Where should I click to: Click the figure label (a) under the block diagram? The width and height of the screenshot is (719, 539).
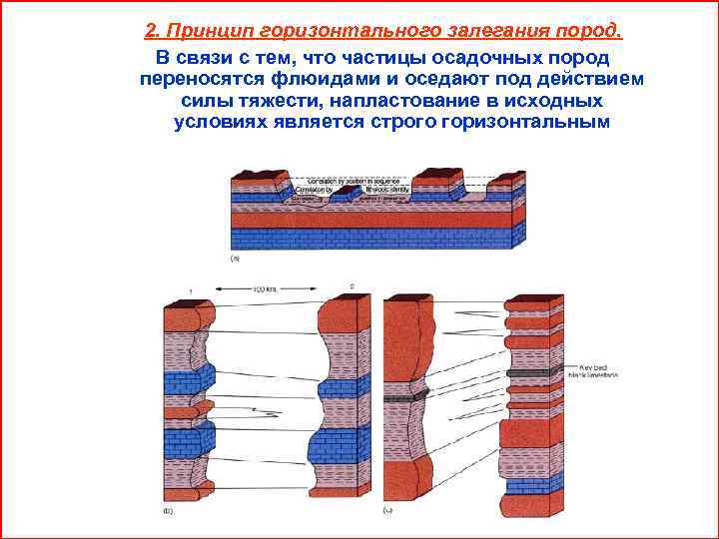point(236,258)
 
